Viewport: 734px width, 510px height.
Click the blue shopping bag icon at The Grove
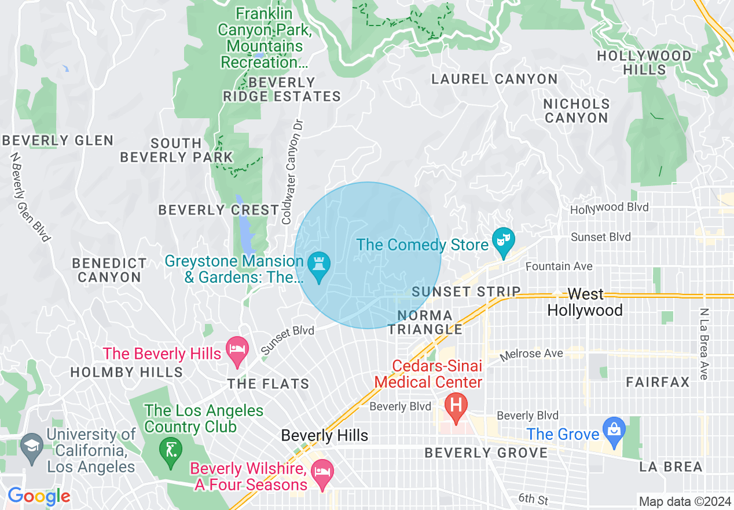pos(613,431)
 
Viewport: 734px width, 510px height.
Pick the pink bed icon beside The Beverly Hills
pos(237,350)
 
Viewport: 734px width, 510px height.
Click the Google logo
pos(39,496)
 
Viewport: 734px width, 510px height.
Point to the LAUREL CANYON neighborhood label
pos(494,79)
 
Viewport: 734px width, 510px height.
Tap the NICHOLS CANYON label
pos(577,111)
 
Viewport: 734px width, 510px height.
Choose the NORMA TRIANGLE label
pos(425,323)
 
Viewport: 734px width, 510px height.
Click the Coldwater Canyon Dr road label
pos(292,172)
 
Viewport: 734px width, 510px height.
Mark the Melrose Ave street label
pos(531,354)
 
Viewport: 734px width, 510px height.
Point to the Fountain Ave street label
pos(559,266)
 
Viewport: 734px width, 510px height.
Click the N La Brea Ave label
pos(704,344)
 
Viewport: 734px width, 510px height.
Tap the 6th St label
pos(533,498)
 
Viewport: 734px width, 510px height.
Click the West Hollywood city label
pos(585,302)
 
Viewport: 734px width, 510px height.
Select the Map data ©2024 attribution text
pos(684,501)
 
